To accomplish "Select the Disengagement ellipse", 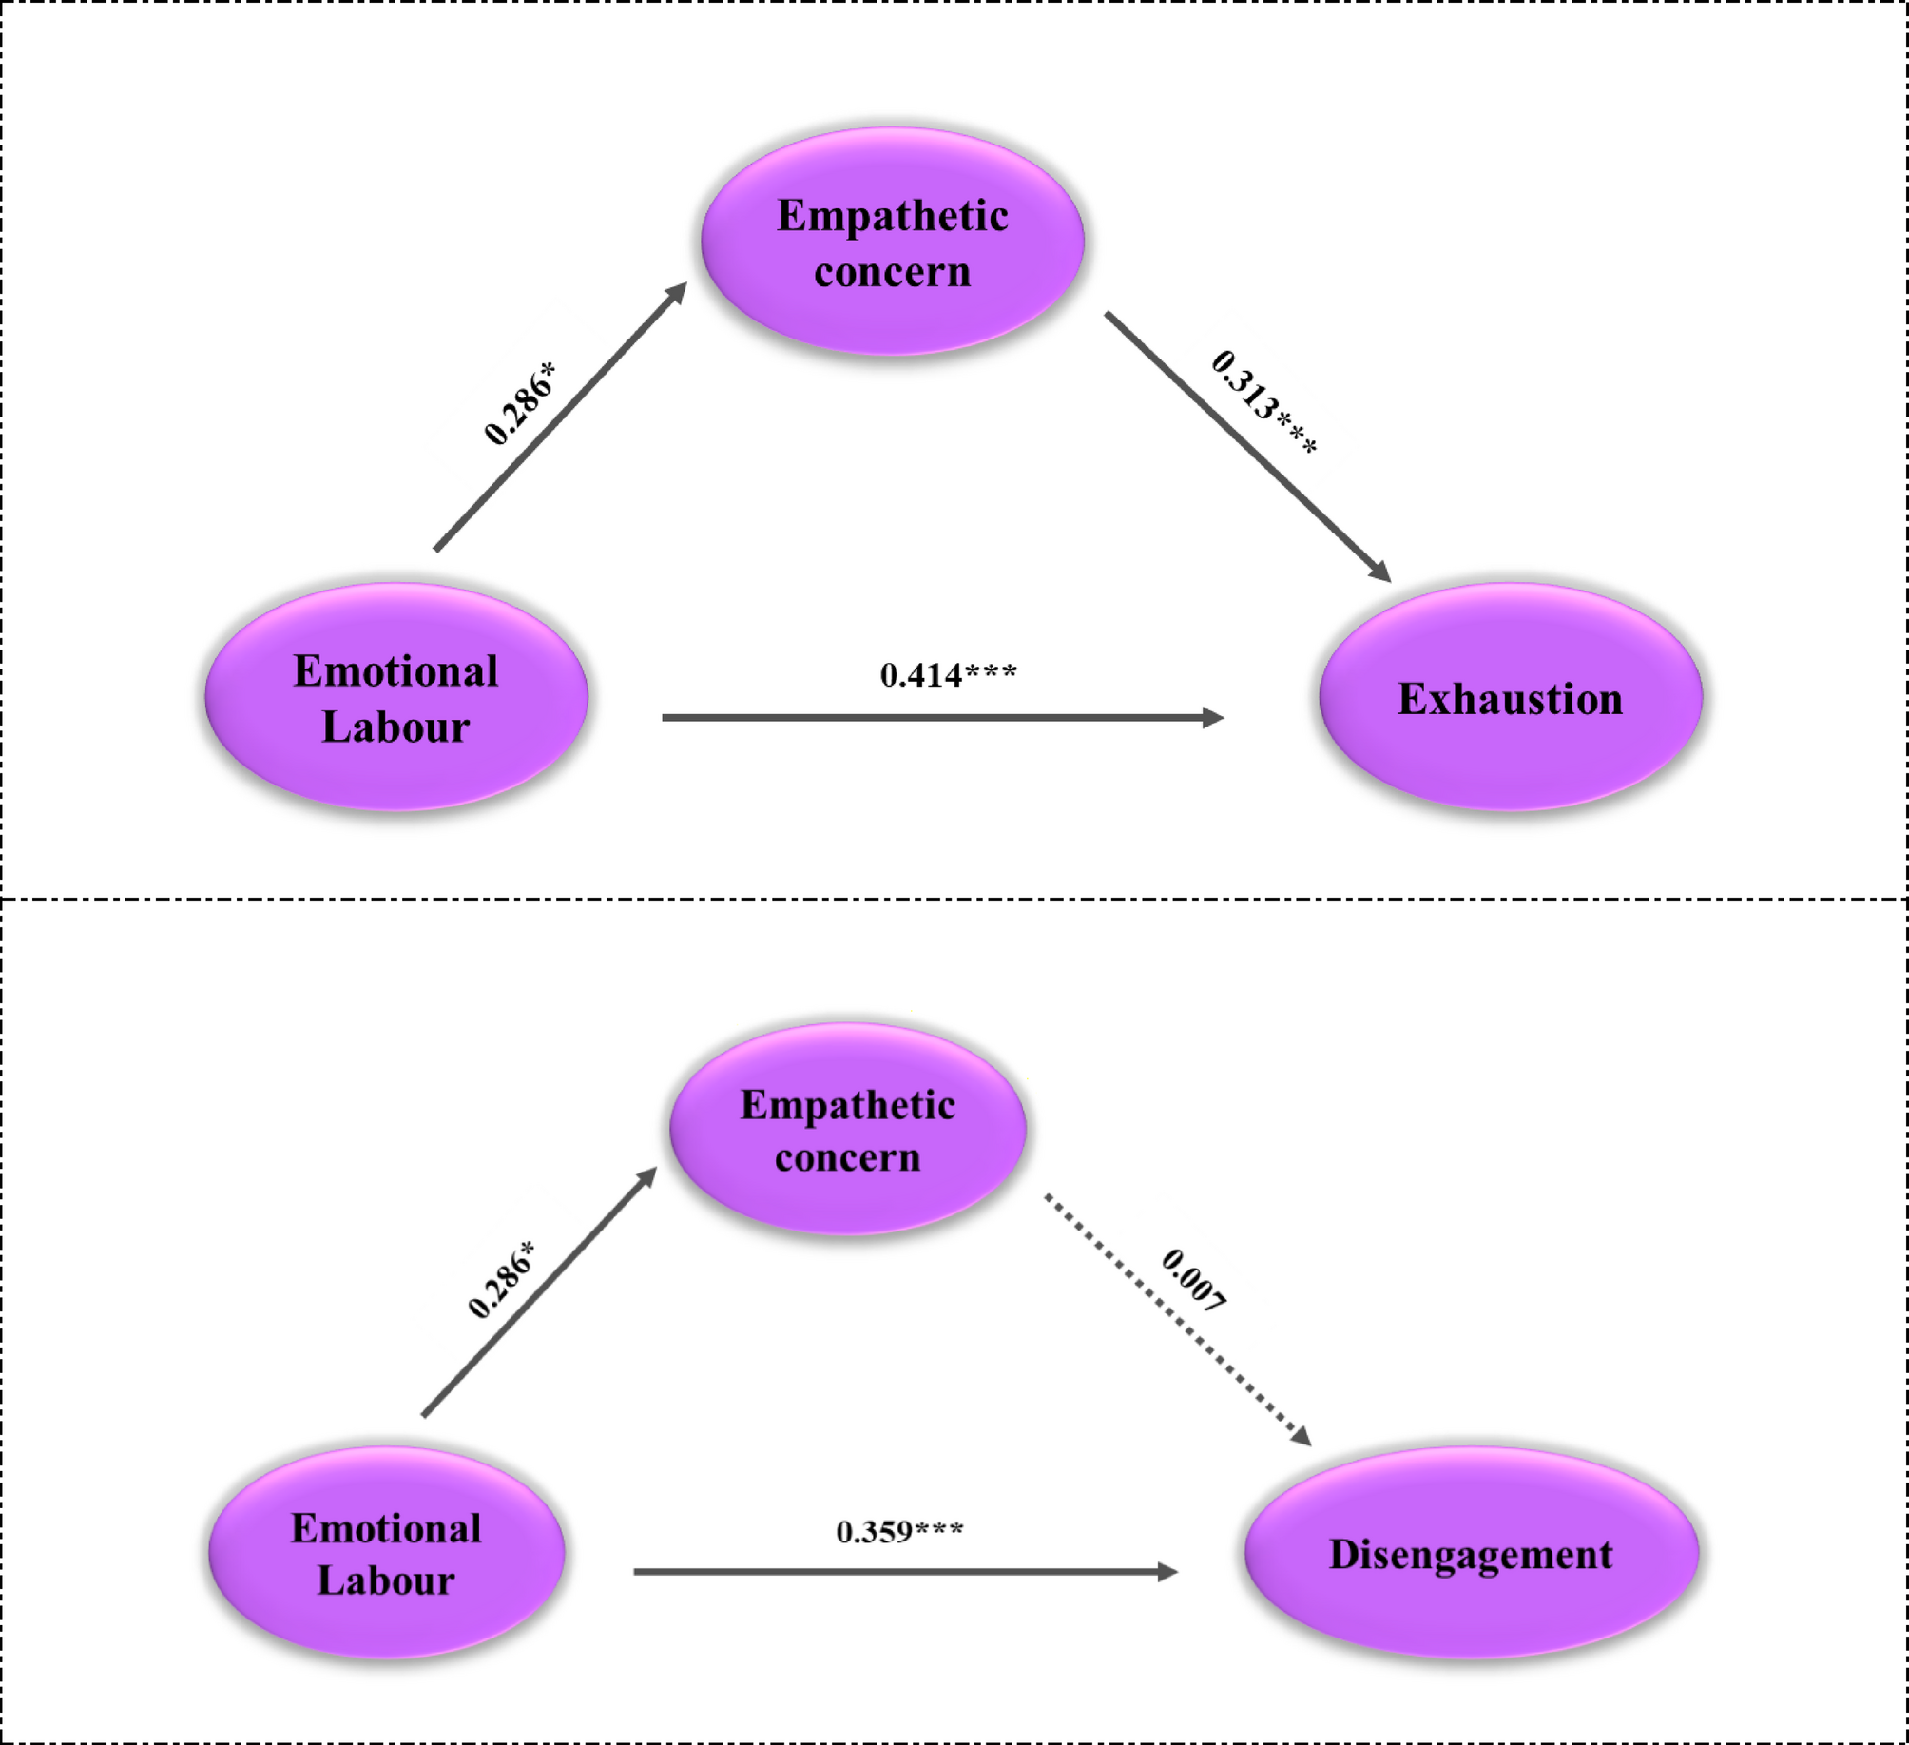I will coord(1471,1554).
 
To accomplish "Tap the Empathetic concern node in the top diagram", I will coord(892,242).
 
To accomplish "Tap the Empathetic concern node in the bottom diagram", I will coord(847,1130).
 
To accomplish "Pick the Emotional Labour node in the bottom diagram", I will coord(386,1554).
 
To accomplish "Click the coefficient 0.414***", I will coord(948,675).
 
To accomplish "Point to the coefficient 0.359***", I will coord(899,1531).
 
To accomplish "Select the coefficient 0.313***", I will coord(1263,402).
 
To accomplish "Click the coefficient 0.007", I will coord(1194,1281).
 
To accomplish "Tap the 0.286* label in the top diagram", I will coord(519,403).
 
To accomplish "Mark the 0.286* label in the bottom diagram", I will coord(501,1280).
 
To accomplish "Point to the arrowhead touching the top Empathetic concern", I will coord(677,292).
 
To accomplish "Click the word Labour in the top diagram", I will coord(395,727).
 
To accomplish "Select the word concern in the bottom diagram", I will coord(847,1158).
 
